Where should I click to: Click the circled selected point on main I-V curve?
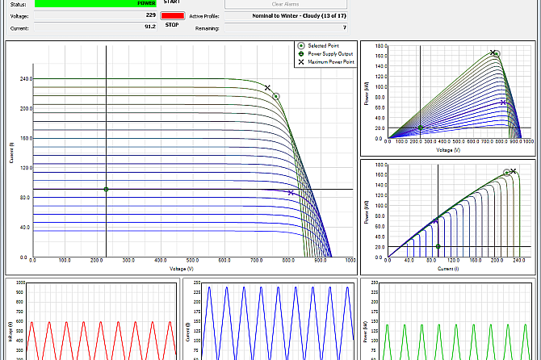point(275,96)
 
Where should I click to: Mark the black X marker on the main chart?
point(267,87)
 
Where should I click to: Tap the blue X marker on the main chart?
point(291,193)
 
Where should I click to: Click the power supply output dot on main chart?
point(106,190)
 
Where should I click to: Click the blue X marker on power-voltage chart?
point(503,103)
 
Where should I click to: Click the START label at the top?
point(183,2)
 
